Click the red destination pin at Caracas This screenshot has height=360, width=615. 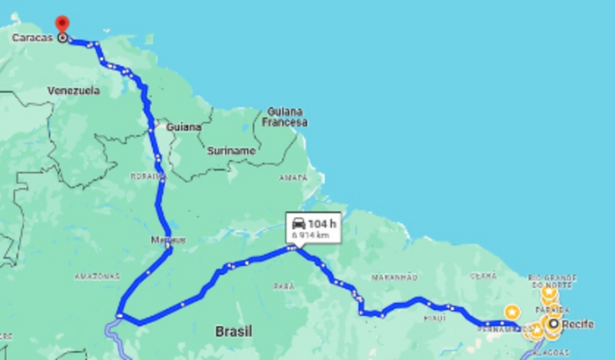61,25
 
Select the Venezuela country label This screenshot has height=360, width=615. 75,91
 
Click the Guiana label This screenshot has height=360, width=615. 186,126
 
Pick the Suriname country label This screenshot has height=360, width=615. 231,151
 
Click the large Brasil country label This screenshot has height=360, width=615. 234,332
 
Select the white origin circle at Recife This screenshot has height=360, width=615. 553,325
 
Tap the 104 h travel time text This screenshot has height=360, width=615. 322,222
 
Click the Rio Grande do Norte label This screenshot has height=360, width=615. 553,284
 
